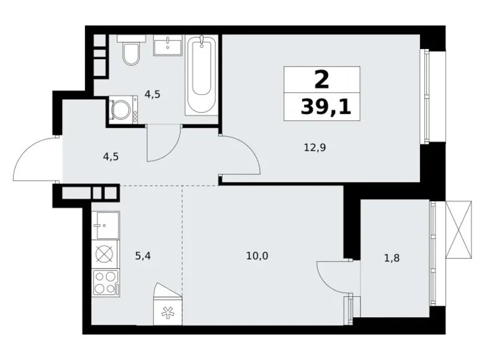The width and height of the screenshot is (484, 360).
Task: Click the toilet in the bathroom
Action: [131, 52]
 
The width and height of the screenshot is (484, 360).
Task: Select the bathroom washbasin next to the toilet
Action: [167, 46]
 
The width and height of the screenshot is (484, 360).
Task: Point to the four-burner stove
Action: [105, 282]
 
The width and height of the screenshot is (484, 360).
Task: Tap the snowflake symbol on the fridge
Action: [168, 313]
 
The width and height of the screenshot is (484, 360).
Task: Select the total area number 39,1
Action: [325, 107]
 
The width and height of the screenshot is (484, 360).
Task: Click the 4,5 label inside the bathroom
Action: [153, 95]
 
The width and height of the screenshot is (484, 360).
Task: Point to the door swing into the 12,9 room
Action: [243, 155]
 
